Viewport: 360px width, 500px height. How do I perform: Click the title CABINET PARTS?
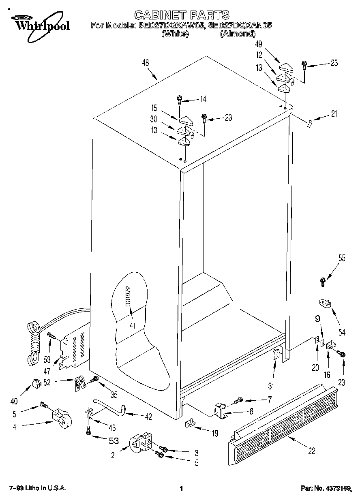point(181,15)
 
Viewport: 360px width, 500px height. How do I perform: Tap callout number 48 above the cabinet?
point(145,63)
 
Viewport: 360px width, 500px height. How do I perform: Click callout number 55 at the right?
point(342,258)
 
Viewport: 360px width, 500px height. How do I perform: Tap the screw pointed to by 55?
point(323,280)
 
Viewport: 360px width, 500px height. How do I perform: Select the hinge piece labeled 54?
point(324,303)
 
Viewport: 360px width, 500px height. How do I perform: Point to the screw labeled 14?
point(180,99)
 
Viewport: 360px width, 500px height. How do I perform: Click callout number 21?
point(334,114)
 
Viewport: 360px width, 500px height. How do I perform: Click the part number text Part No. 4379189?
point(328,489)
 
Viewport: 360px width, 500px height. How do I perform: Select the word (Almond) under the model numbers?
point(238,34)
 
